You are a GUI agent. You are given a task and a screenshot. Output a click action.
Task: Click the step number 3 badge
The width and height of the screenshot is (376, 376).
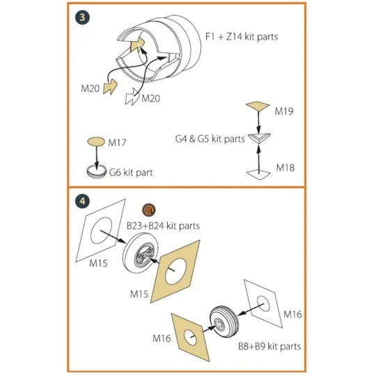click(x=82, y=17)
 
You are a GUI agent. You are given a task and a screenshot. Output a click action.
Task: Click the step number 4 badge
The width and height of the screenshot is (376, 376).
click(x=82, y=201)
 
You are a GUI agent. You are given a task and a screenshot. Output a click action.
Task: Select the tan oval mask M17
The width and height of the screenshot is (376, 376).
click(x=96, y=141)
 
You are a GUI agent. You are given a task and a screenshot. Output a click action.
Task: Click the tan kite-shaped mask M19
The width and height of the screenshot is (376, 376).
click(x=258, y=106)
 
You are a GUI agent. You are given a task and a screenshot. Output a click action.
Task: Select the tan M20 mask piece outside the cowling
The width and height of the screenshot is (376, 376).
click(x=110, y=87)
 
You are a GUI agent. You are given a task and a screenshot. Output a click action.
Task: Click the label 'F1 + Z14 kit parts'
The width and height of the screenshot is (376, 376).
click(x=242, y=37)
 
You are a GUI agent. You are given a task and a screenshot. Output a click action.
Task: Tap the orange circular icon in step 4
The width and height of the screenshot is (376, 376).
click(x=149, y=210)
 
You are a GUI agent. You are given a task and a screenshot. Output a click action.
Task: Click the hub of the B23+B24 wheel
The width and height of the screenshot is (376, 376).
click(x=143, y=254)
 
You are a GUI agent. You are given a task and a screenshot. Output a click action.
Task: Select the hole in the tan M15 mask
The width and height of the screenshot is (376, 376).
click(x=176, y=272)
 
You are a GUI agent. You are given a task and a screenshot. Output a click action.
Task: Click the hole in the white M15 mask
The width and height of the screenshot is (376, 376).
click(x=101, y=230)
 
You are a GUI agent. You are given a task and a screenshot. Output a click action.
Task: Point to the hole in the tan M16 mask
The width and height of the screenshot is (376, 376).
click(x=190, y=337)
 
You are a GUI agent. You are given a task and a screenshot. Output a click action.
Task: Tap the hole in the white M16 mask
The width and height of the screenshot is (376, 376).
click(x=263, y=304)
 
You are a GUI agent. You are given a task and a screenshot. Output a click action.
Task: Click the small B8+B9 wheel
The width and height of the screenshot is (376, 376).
click(x=224, y=321)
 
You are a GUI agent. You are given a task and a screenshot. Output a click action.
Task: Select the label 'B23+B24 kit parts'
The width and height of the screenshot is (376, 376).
click(x=163, y=226)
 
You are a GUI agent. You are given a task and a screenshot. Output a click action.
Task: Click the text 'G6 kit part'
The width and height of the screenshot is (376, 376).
click(x=131, y=173)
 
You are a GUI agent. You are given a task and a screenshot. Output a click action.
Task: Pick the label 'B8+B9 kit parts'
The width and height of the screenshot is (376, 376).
click(x=269, y=346)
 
